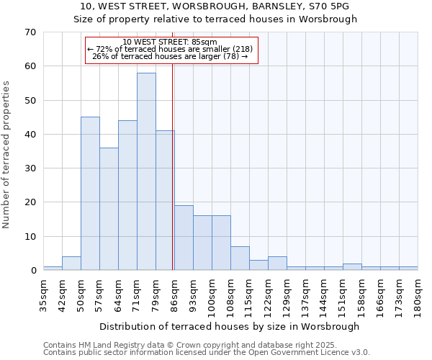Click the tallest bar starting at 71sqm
[146, 171]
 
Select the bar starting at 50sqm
[90, 194]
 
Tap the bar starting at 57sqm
[109, 209]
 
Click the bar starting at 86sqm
[184, 238]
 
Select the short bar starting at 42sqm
[71, 264]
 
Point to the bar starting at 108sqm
[240, 258]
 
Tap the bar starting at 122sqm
[277, 264]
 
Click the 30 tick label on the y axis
[30, 168]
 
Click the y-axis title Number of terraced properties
[7, 155]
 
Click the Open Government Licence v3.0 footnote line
[207, 353]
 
